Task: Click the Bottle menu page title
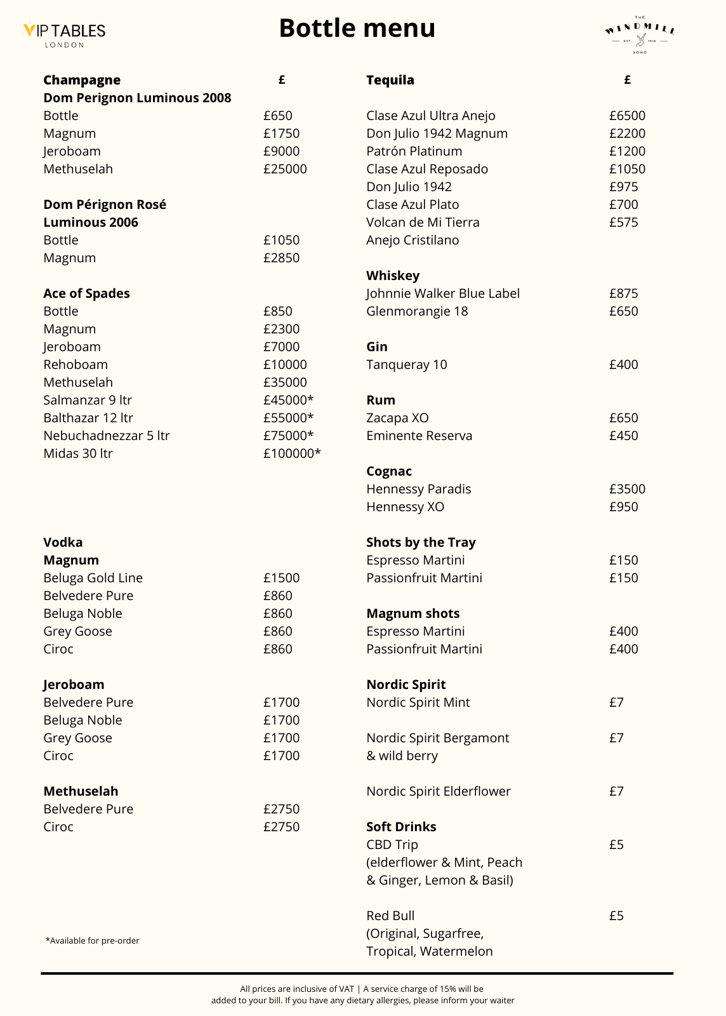tap(357, 29)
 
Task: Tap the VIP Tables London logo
tap(64, 34)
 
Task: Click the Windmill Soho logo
tap(640, 35)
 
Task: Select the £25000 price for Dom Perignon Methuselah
tap(285, 169)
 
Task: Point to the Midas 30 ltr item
tap(78, 453)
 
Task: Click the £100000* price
tap(292, 453)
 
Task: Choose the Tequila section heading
tap(390, 80)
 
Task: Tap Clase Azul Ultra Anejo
tap(430, 116)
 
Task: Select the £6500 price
tap(627, 116)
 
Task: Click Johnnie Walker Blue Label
tap(442, 293)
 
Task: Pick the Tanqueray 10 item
tap(406, 364)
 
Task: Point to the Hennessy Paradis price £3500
tap(627, 489)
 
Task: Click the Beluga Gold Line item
tap(93, 578)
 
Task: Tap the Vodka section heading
tap(63, 542)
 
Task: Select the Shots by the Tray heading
tap(421, 542)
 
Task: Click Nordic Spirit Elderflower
tap(438, 791)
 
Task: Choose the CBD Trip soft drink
tap(392, 845)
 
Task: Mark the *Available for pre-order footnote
tap(92, 940)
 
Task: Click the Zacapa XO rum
tap(397, 418)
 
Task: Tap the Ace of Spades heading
tap(86, 293)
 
